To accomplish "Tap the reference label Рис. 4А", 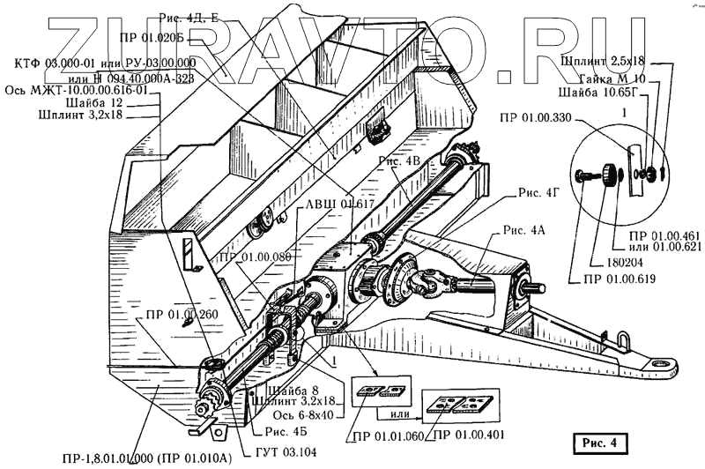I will [x=525, y=230].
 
